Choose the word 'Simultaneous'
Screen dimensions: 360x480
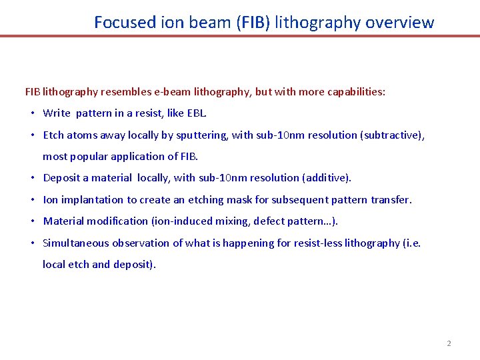point(75,243)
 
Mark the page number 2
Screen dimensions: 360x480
point(449,343)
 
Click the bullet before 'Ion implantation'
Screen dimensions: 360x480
point(33,199)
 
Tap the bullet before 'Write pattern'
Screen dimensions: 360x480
point(33,113)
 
